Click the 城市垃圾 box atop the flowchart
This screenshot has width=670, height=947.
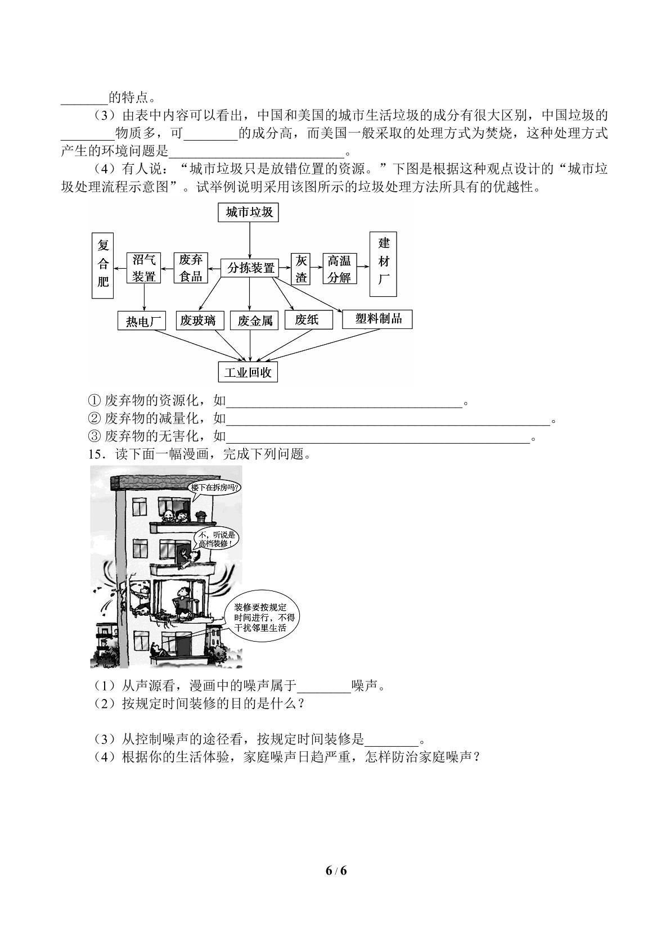(248, 212)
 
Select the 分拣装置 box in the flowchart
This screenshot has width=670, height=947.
(250, 268)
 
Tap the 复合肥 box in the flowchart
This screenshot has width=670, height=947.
(103, 265)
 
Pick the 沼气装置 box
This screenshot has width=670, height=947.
(144, 268)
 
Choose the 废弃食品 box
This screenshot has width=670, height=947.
(190, 268)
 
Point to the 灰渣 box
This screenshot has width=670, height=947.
(301, 269)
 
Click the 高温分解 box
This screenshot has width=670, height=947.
(340, 268)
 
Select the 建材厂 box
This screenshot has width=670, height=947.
(383, 264)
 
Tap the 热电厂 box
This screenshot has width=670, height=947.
(142, 321)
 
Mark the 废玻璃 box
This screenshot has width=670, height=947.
(200, 321)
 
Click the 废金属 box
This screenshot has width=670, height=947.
(254, 321)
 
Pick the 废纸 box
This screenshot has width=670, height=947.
(308, 319)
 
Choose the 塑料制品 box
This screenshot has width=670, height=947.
(377, 319)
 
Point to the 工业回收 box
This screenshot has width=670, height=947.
(248, 372)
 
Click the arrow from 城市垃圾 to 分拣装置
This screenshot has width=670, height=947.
(250, 240)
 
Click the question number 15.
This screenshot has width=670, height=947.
(96, 454)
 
